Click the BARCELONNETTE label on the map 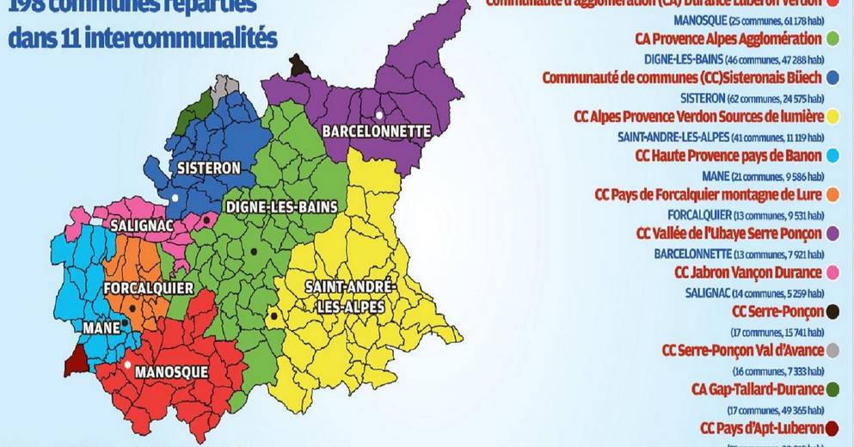pos(375,132)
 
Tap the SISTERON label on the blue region pos(204,168)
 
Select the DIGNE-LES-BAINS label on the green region pos(280,206)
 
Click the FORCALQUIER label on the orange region pos(148,288)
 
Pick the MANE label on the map pos(102,328)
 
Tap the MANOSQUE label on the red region pos(172,371)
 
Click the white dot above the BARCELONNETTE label pos(378,114)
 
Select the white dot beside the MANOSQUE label pos(127,365)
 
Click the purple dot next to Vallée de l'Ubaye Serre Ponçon pos(832,233)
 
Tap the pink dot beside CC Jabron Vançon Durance pos(832,272)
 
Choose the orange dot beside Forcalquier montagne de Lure pos(832,194)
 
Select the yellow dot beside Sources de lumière pos(832,116)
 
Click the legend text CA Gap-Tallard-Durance pos(753,389)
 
